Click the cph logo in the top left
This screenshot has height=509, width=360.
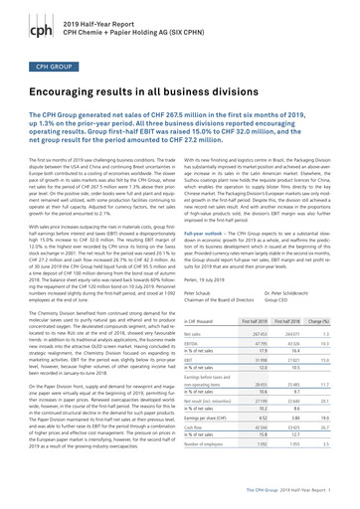(x=20, y=16)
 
